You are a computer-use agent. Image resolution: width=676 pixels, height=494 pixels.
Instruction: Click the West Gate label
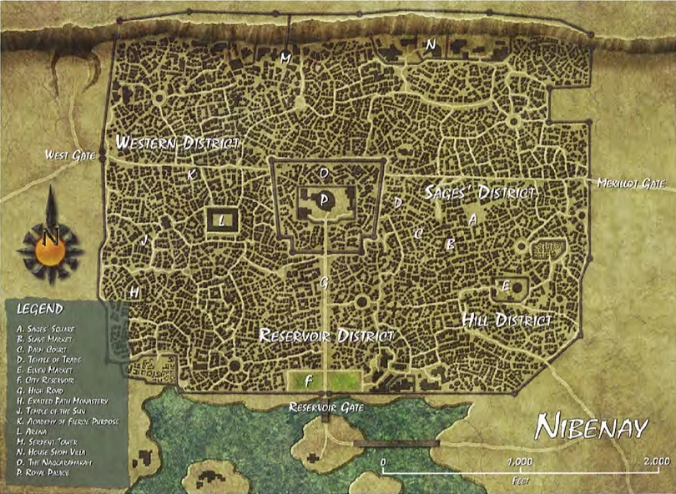68,154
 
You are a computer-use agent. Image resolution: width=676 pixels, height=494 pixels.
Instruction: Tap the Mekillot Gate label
631,183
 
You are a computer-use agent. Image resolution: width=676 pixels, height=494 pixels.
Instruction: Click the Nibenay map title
591,428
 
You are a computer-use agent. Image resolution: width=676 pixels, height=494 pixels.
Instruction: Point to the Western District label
178,143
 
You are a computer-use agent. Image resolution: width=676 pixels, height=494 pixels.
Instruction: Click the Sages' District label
479,192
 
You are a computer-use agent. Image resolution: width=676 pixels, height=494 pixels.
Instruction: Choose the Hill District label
507,320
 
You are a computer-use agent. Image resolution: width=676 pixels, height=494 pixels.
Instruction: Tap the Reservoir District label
325,336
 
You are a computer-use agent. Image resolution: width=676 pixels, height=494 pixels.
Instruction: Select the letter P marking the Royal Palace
324,200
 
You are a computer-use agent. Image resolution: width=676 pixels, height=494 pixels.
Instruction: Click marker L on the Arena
222,221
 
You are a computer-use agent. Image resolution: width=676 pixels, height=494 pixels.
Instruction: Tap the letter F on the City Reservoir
310,381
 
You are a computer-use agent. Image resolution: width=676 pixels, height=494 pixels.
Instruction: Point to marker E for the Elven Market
505,286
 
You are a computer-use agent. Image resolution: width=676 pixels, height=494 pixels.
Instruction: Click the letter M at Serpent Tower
285,58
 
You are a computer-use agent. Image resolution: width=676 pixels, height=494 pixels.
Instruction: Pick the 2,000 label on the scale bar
656,460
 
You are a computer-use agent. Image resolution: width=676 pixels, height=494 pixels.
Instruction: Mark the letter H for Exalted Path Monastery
134,292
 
